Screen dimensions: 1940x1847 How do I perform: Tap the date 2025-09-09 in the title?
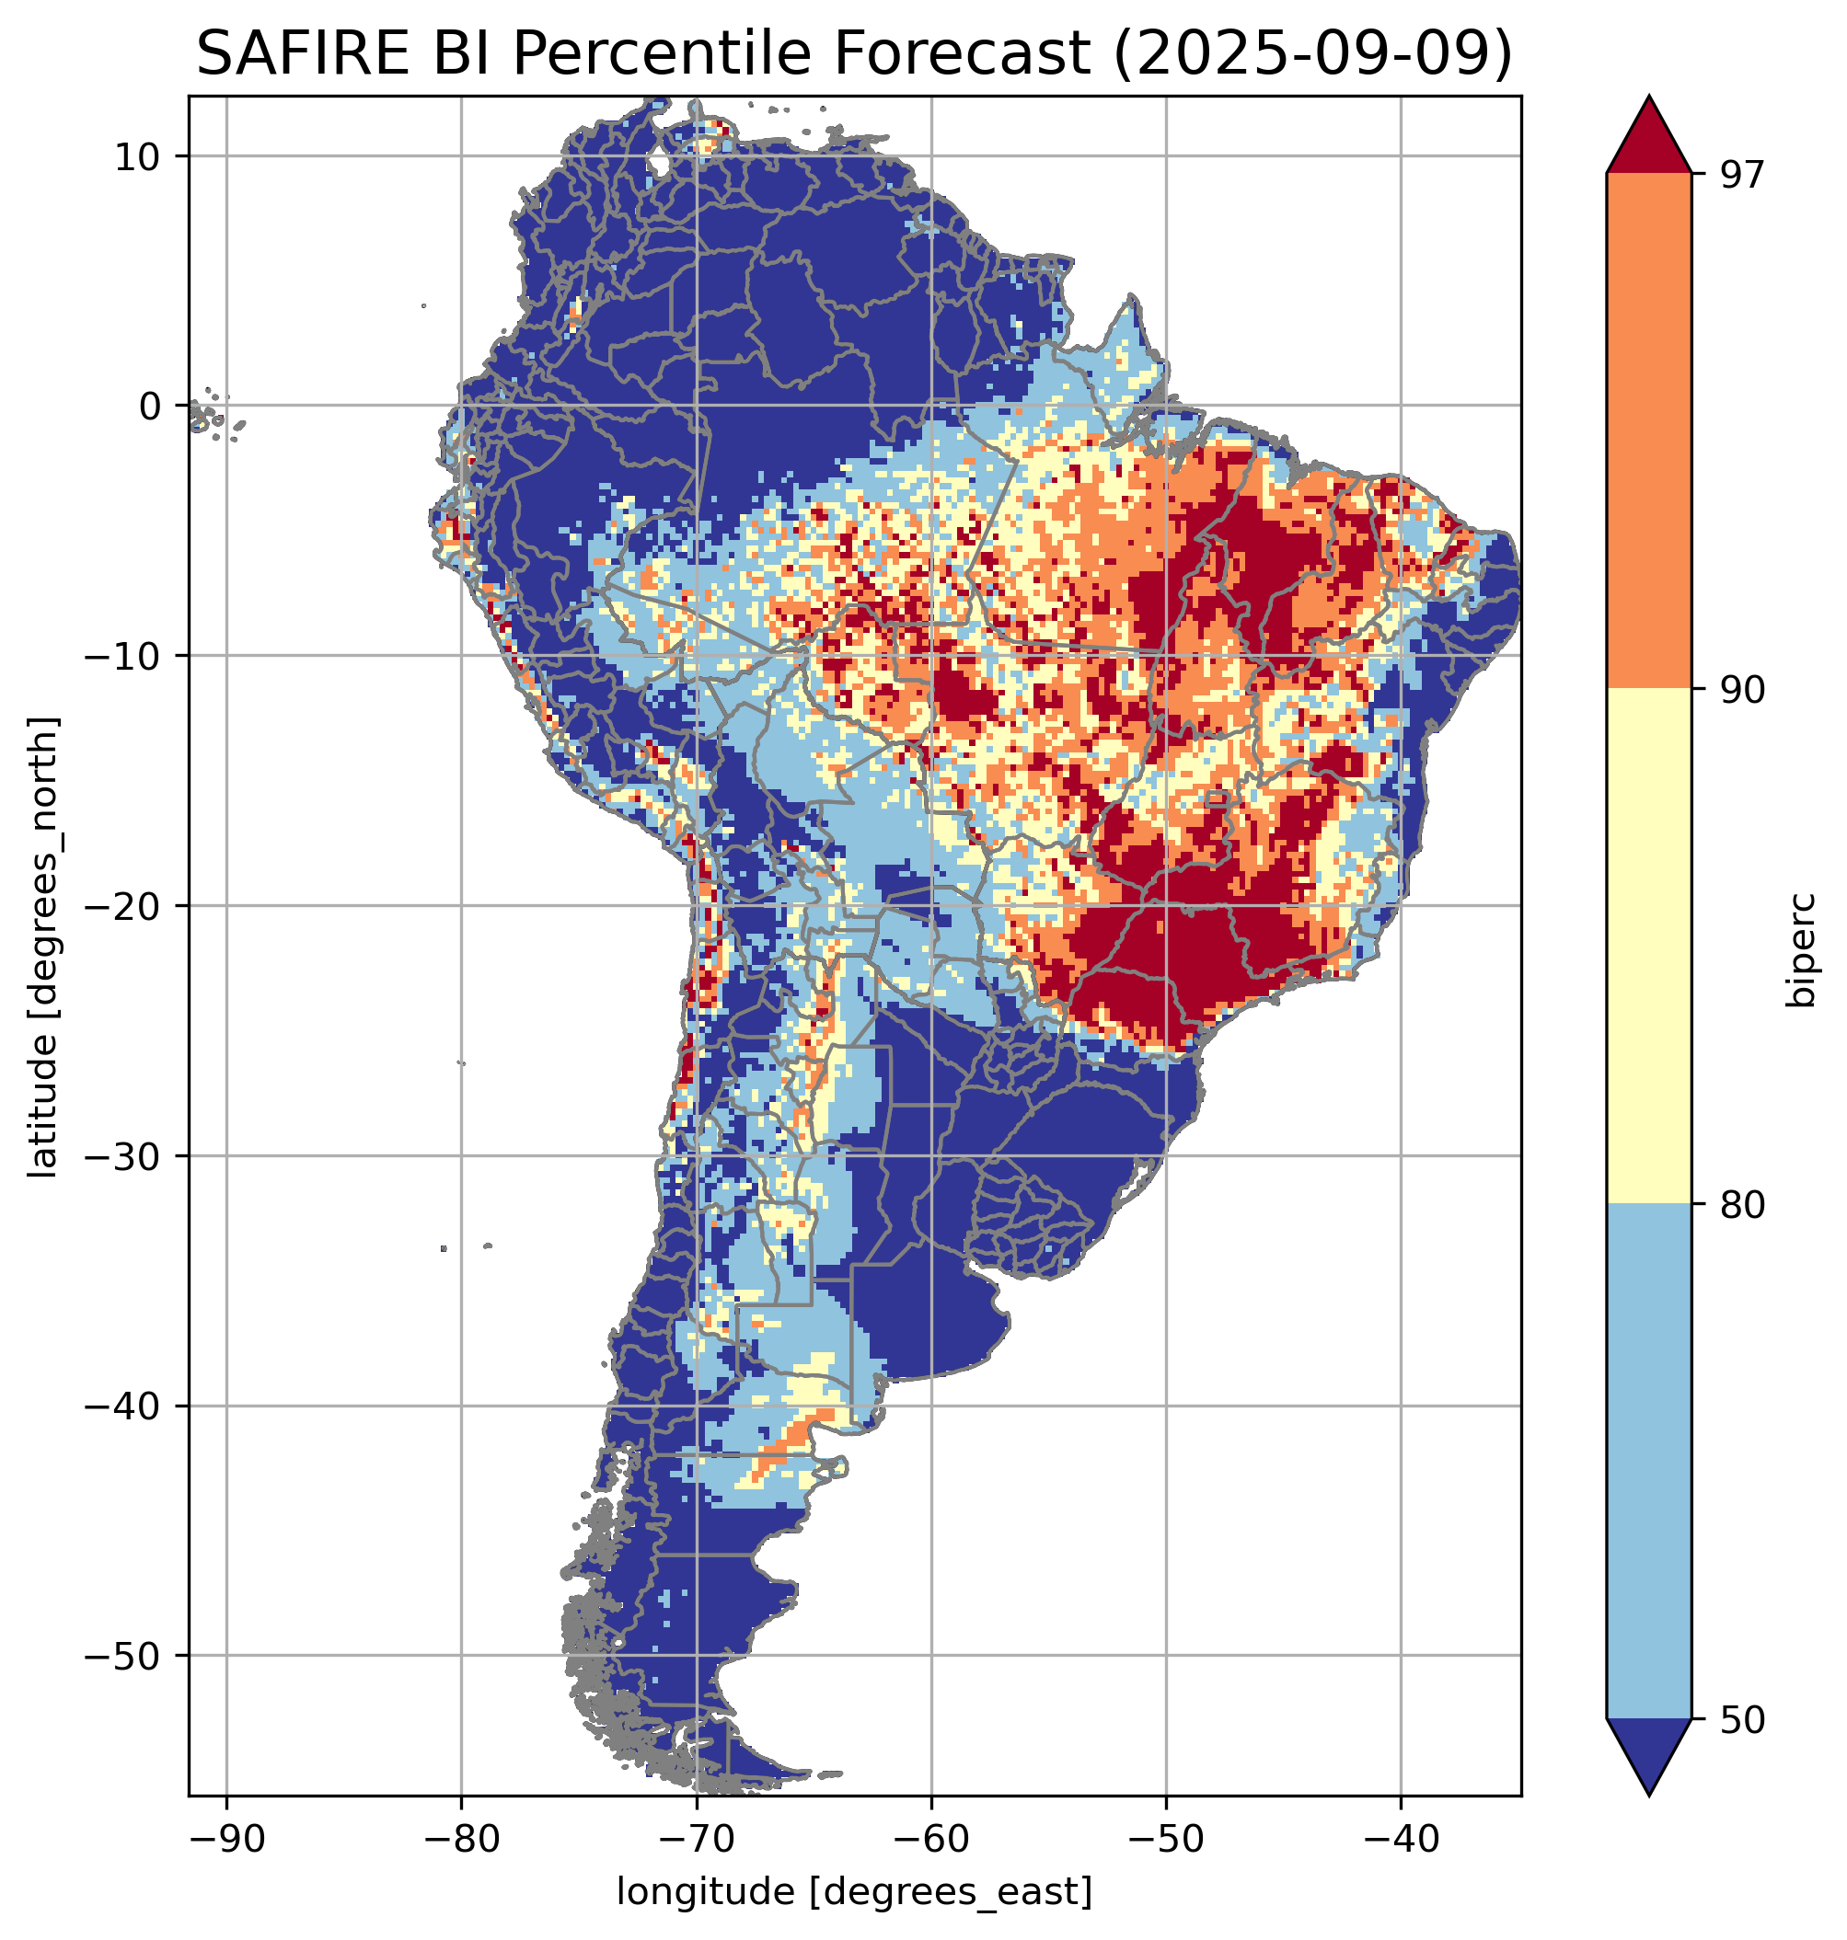(1313, 54)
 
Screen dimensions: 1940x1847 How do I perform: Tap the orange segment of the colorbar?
(1648, 431)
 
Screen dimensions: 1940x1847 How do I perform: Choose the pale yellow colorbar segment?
(1648, 947)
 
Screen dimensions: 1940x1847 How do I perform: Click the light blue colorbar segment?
(1648, 1463)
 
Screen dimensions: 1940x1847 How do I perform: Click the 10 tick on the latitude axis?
(138, 156)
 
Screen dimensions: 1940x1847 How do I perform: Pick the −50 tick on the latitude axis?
(127, 1657)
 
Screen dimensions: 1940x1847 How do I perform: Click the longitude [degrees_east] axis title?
(854, 1890)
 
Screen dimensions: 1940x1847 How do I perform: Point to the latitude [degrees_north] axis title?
(43, 947)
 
